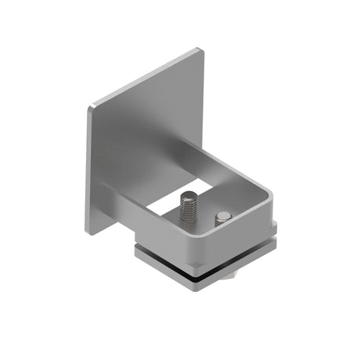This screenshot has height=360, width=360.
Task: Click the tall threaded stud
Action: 188,210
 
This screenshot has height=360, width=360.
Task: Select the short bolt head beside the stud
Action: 224,218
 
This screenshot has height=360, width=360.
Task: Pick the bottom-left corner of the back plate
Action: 88,232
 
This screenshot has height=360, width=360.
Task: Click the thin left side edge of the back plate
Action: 88,168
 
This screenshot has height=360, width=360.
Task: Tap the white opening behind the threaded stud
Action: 168,205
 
